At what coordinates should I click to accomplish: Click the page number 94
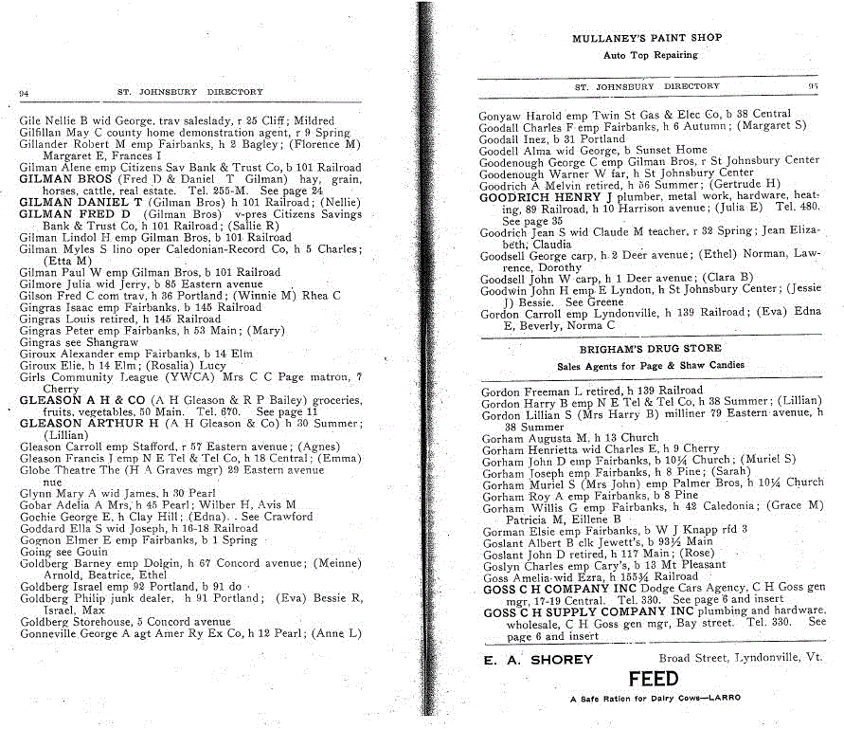(25, 93)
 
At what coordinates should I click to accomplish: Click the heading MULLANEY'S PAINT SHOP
(647, 38)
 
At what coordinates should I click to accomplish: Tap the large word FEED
(653, 680)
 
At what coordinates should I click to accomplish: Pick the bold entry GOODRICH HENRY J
(532, 197)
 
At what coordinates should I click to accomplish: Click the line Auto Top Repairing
(650, 55)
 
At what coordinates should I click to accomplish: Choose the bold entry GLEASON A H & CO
(69, 401)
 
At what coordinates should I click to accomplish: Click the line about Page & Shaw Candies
(650, 365)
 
